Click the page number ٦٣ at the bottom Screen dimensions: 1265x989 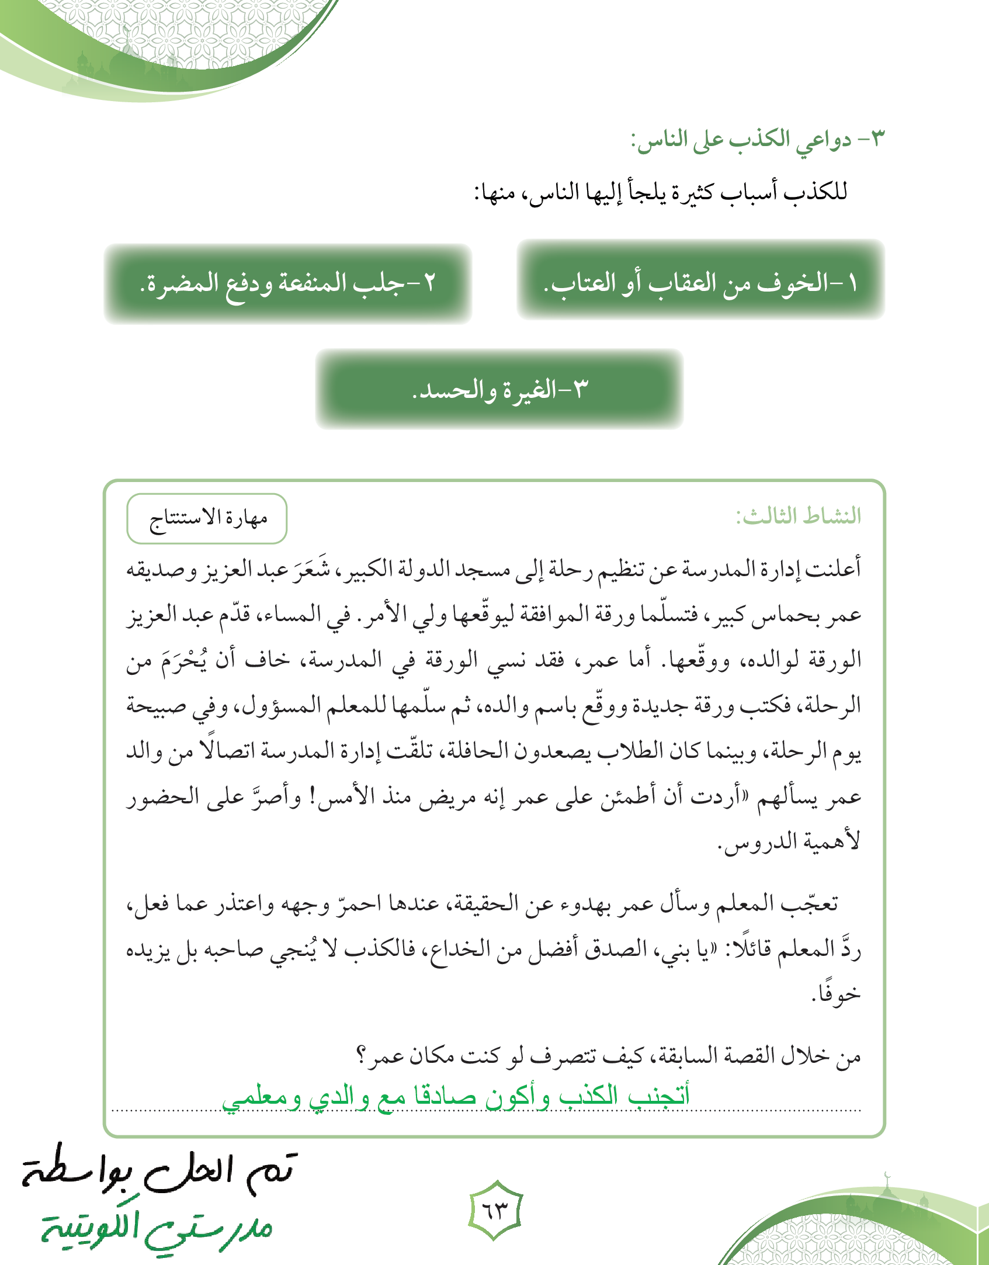pyautogui.click(x=495, y=1211)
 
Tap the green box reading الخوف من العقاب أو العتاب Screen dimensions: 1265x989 pyautogui.click(x=700, y=282)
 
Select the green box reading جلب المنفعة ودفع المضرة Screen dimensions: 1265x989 pyautogui.click(x=288, y=283)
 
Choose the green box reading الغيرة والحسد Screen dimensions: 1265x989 pyautogui.click(x=499, y=389)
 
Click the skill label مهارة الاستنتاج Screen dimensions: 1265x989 pyautogui.click(x=207, y=518)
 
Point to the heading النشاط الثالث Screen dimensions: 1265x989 pyautogui.click(x=798, y=516)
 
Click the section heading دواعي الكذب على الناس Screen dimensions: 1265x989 pyautogui.click(x=757, y=141)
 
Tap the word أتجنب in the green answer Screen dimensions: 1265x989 pyautogui.click(x=659, y=1094)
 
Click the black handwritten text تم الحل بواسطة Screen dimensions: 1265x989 pyautogui.click(x=159, y=1170)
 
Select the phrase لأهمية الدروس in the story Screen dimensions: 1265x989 pyautogui.click(x=790, y=841)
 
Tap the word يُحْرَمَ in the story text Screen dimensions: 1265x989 pyautogui.click(x=185, y=660)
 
